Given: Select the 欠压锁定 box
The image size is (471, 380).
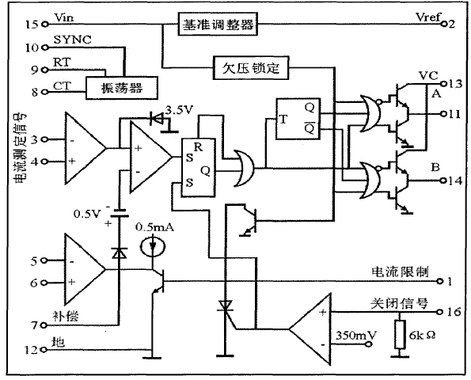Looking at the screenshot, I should click(x=250, y=67).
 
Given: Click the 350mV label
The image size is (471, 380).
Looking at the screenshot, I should click(x=354, y=335).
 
